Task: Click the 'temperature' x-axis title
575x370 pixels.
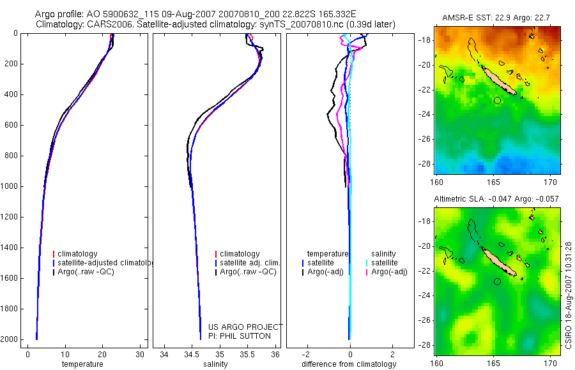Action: [82, 364]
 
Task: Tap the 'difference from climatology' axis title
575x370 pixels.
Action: [349, 364]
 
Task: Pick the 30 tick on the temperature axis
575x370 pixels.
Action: [141, 354]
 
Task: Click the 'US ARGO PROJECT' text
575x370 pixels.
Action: [245, 327]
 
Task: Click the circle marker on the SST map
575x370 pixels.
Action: [498, 100]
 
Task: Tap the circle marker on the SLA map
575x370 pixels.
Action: [498, 281]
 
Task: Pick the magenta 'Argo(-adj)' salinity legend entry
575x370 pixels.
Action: [389, 272]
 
